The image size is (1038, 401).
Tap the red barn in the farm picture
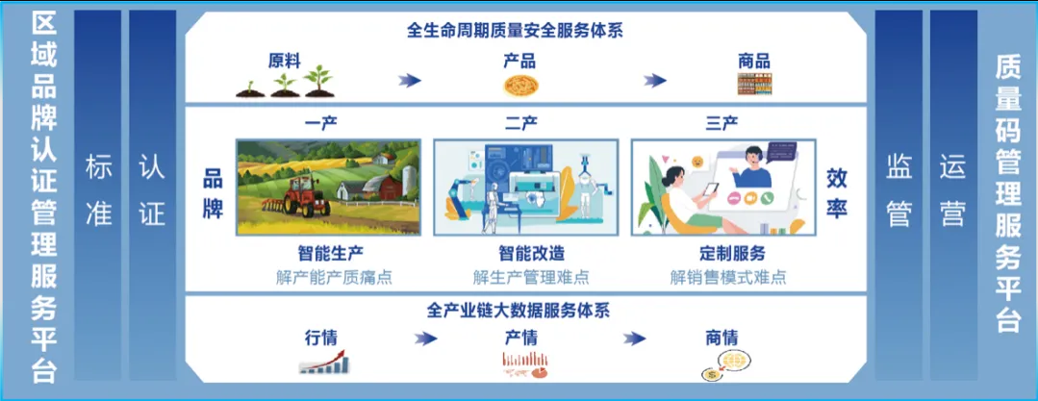(382, 187)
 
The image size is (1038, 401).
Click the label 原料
(285, 62)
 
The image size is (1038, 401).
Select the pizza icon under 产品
(519, 85)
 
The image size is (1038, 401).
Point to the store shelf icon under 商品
(754, 84)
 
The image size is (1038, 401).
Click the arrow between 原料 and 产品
(410, 81)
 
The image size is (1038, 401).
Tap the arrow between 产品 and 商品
(655, 81)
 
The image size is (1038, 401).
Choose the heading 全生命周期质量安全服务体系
(516, 31)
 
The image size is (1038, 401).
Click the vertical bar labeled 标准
(98, 195)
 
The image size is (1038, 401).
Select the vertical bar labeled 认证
(152, 195)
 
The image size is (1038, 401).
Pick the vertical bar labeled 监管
(899, 195)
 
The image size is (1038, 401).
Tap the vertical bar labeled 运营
(953, 195)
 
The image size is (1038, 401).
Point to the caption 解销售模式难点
(728, 277)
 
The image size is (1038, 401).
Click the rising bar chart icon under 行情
(324, 362)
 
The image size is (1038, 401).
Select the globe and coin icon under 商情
(724, 364)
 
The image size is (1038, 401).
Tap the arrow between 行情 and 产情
(426, 338)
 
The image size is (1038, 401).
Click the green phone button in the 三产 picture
(767, 197)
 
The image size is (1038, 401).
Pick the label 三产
(722, 124)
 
